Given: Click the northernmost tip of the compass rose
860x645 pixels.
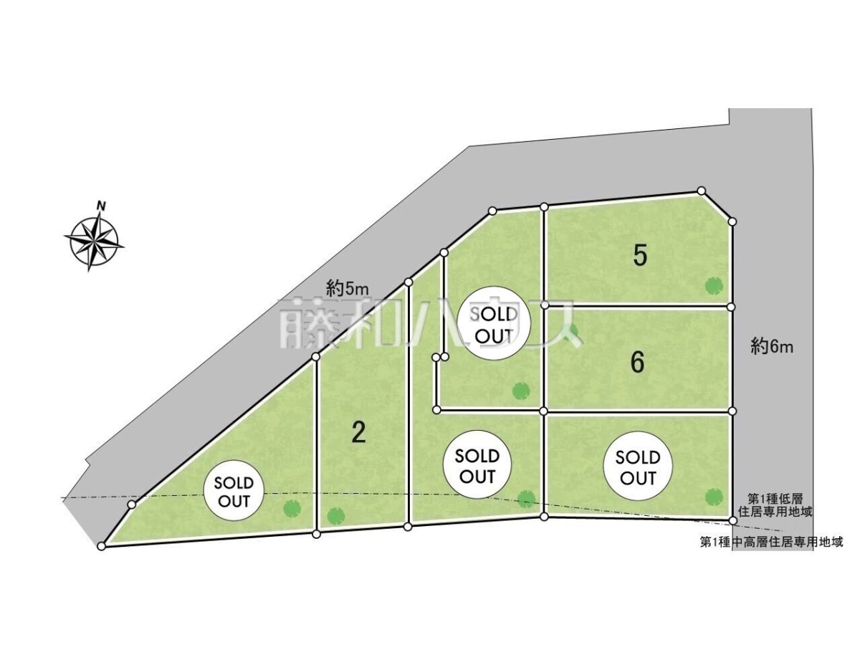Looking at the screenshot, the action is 101,212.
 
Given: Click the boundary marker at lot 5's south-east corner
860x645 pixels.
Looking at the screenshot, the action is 732,307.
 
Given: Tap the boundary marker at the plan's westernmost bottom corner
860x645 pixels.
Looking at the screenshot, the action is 102,546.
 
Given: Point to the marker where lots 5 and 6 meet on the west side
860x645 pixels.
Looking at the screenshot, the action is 544,305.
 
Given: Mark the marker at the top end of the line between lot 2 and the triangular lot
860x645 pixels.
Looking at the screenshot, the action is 316,356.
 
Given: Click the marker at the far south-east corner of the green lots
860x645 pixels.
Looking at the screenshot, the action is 732,520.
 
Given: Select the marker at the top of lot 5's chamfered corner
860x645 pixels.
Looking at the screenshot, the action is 702,191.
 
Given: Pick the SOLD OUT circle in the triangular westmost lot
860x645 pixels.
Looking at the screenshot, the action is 234,490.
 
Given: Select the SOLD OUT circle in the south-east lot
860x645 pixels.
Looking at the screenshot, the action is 638,466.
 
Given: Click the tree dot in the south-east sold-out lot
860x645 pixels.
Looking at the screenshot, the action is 713,497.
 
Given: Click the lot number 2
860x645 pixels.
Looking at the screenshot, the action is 358,432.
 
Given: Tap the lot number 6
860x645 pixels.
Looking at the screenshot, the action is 637,362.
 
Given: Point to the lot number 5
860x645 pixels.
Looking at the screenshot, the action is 639,256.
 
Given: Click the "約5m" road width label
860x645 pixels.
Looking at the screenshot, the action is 347,290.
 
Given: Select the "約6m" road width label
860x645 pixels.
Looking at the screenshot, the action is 772,347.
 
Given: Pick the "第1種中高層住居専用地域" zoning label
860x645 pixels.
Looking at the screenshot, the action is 771,542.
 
